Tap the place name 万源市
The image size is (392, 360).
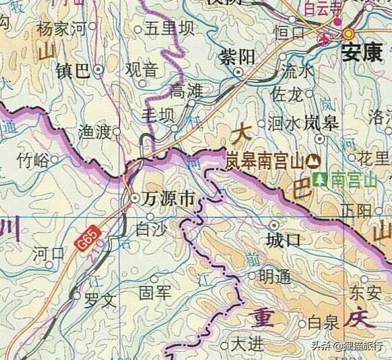(168, 199)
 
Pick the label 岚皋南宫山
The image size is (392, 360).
(265, 163)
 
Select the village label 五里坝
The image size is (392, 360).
(169, 28)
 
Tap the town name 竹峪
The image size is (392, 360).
(32, 161)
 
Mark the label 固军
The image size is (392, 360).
(155, 293)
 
